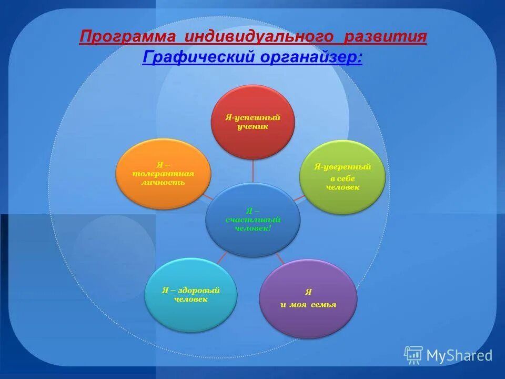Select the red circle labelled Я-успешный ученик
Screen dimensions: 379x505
(252, 122)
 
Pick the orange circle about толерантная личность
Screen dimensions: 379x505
(163, 174)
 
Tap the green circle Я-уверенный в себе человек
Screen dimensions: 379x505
(342, 176)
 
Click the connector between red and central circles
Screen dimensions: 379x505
(253, 171)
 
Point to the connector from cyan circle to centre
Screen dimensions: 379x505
(222, 257)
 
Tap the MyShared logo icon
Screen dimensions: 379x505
(413, 355)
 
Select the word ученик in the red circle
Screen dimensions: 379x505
(253, 126)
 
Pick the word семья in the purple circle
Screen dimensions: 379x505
(324, 305)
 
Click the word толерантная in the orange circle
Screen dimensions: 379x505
(163, 174)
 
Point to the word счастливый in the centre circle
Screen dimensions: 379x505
(252, 220)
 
